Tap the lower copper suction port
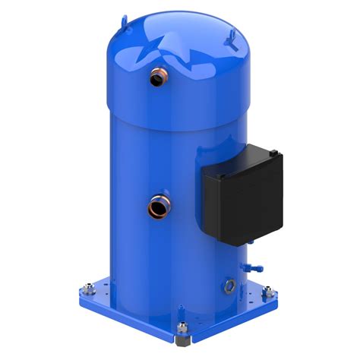(x=159, y=206)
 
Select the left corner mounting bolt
(x=85, y=289)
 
